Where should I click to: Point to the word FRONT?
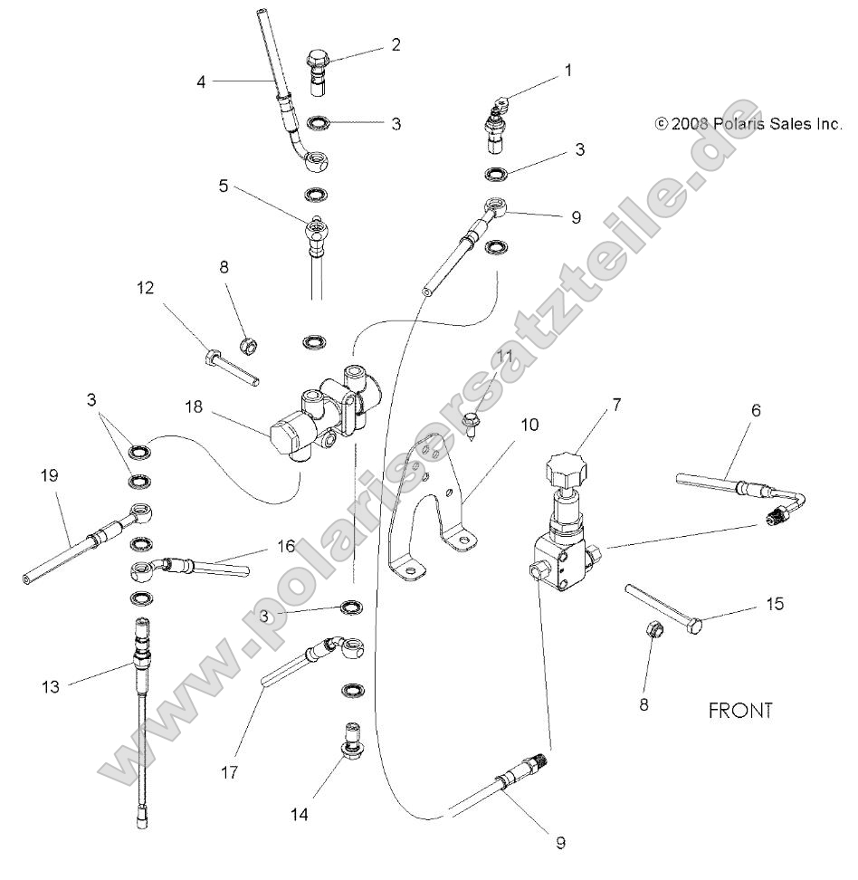[740, 711]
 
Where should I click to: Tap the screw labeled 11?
[472, 423]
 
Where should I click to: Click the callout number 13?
[51, 687]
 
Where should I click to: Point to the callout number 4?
[203, 81]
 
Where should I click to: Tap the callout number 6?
[755, 410]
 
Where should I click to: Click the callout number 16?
[286, 548]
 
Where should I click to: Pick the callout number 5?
[223, 187]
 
